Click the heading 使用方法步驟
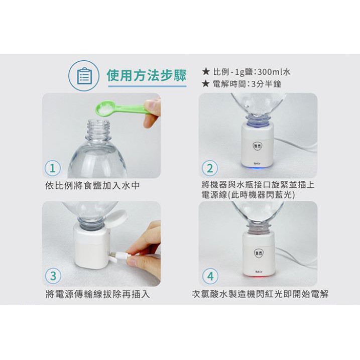[147, 75]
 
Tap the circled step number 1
[53, 168]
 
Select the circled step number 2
[210, 168]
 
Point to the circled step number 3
[53, 276]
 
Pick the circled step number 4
[210, 276]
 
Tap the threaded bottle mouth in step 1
[98, 129]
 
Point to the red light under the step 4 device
[258, 276]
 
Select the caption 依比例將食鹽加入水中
[92, 185]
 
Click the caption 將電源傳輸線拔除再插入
[98, 294]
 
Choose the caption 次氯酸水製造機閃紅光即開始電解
[260, 294]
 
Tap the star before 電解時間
[206, 83]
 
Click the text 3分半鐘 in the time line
[266, 84]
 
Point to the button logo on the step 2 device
[258, 146]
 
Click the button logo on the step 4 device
[258, 253]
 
